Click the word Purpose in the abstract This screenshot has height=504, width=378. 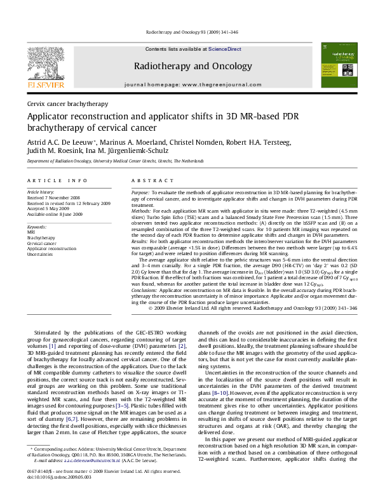(158, 191)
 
